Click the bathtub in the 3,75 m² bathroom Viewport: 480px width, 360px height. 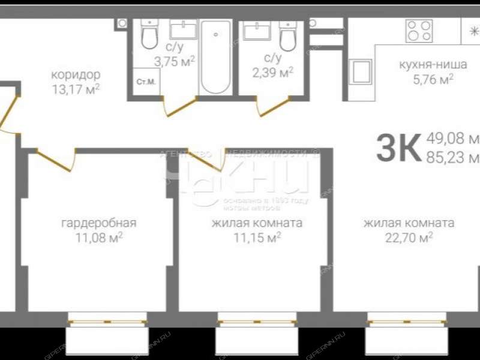(215, 57)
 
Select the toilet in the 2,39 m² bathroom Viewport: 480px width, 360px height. (287, 37)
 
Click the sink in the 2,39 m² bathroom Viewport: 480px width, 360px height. (257, 30)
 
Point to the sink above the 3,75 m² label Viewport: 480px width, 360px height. (183, 29)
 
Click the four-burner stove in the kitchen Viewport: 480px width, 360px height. (419, 31)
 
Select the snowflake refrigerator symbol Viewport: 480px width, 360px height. (467, 32)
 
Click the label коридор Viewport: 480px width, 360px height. (76, 76)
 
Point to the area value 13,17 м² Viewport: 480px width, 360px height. (76, 89)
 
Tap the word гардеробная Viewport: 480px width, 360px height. (99, 223)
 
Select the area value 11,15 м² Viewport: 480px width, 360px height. (257, 238)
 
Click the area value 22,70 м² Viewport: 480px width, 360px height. (409, 238)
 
